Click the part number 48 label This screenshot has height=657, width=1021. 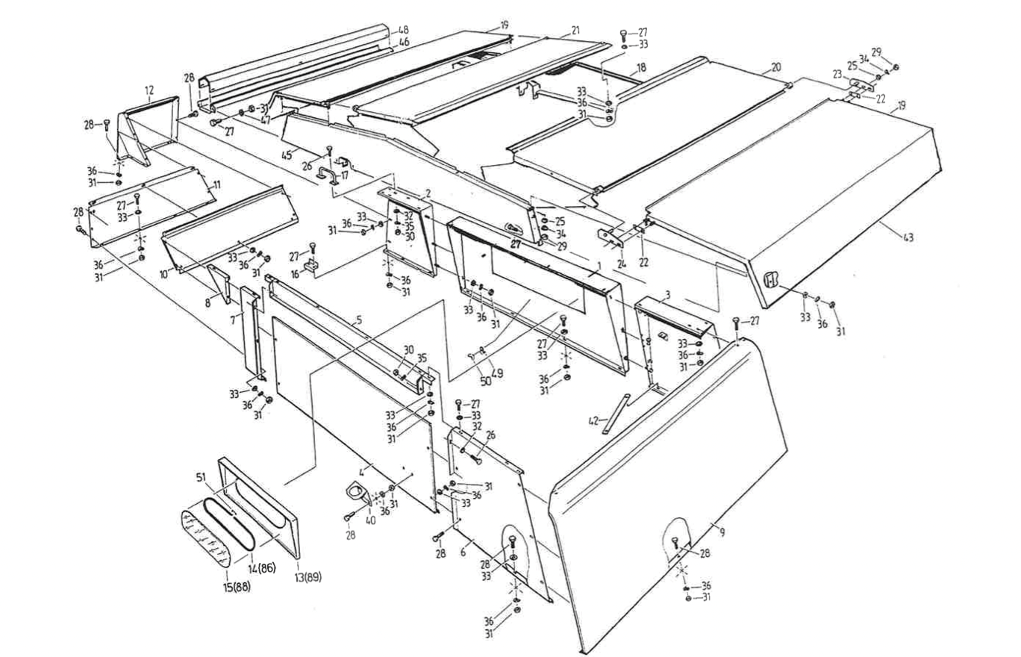coord(403,31)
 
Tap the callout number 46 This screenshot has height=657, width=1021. coord(403,44)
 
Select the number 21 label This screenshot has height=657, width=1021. coord(575,31)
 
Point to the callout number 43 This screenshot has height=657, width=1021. coord(908,237)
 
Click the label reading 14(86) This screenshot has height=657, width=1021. coord(261,569)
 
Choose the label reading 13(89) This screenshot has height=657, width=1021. coord(307,577)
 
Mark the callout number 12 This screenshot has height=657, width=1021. coord(149,90)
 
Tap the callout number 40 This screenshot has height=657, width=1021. coord(371,521)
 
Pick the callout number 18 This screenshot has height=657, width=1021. coord(640,67)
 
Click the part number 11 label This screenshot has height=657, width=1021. coord(216,184)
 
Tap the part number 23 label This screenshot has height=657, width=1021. coord(837,74)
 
